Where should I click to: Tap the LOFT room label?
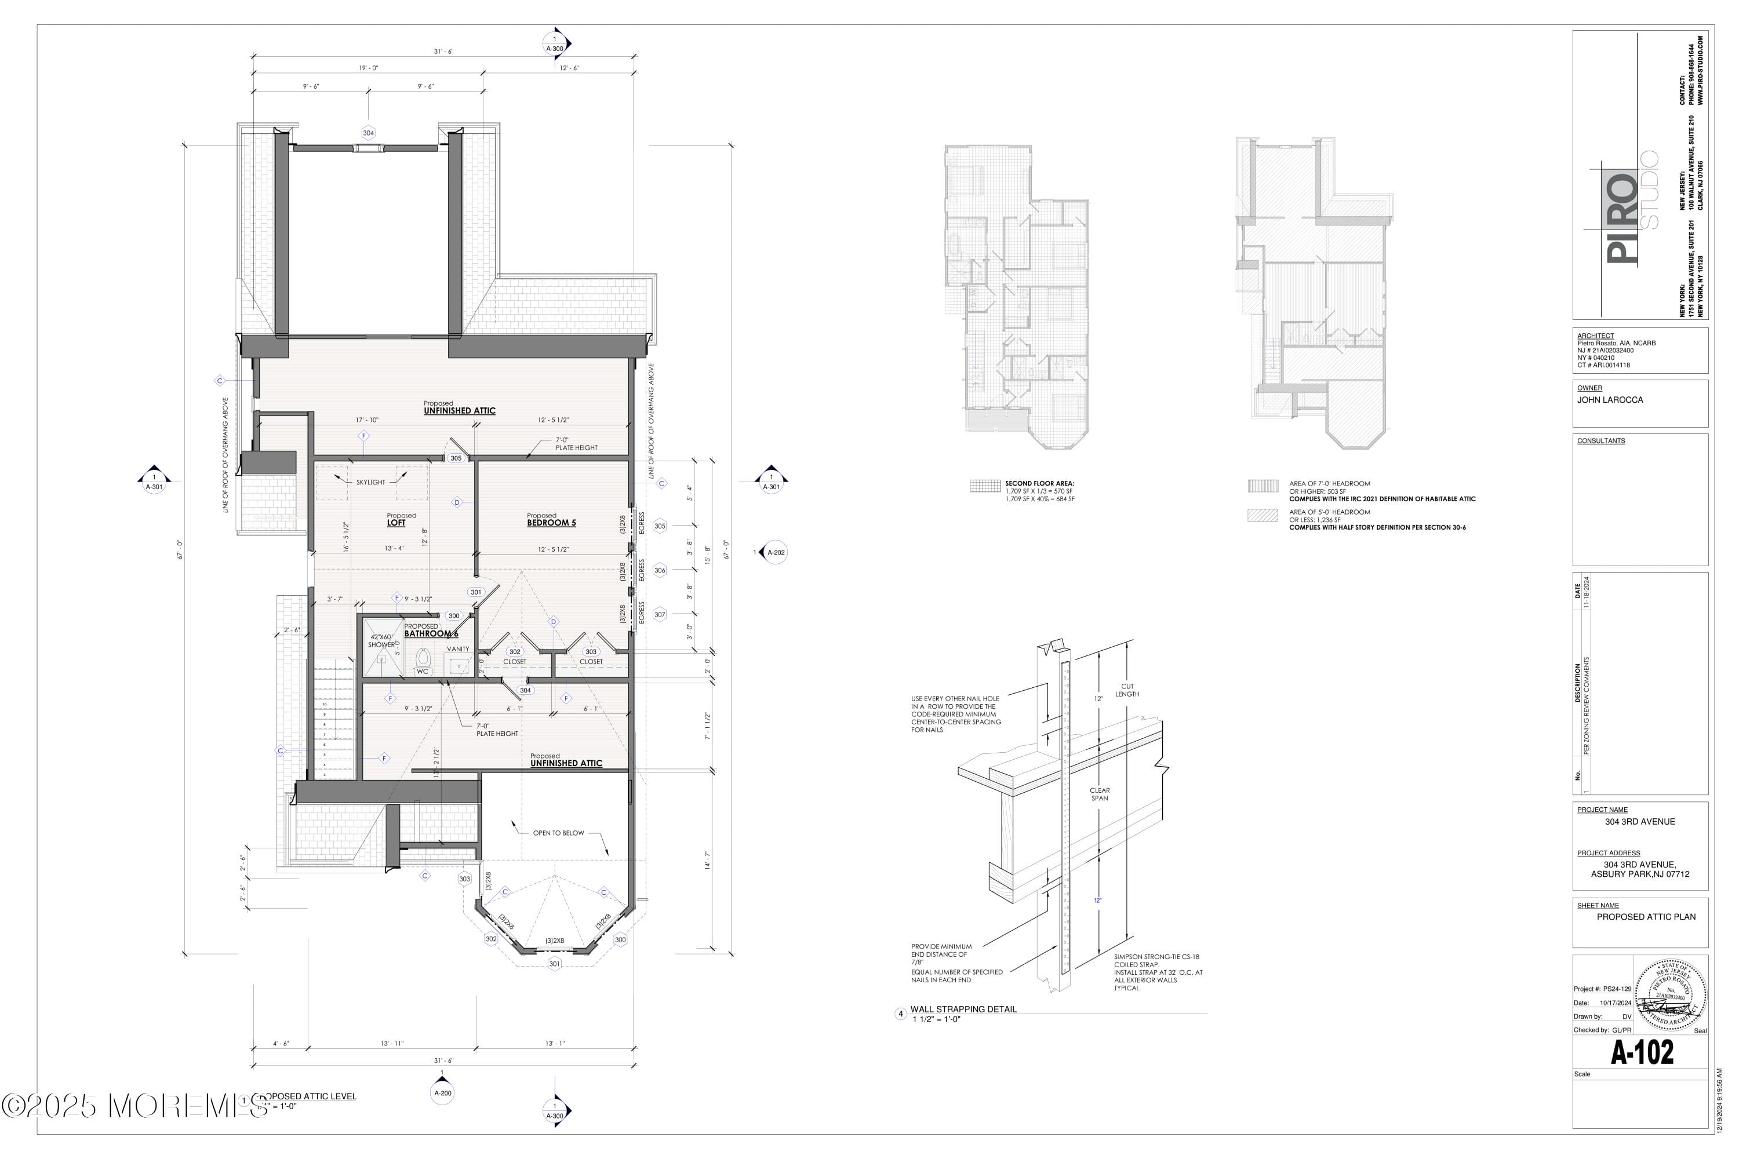[396, 523]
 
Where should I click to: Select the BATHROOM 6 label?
[431, 633]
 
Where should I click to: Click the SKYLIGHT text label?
[370, 482]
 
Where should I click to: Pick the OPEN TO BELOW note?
[558, 833]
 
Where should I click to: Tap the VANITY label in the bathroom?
[458, 649]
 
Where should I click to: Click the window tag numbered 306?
[660, 570]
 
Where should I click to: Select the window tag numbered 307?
[660, 614]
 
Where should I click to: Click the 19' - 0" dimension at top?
[368, 68]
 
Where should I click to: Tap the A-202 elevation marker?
[775, 552]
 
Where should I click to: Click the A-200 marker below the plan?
[442, 1092]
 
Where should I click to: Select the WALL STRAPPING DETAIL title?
[963, 1009]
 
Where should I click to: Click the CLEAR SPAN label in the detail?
[1100, 794]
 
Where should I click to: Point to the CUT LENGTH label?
[1127, 690]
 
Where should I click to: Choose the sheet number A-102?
[1642, 1052]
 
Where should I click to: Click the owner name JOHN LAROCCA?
[1610, 400]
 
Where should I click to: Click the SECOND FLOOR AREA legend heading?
[1039, 483]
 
